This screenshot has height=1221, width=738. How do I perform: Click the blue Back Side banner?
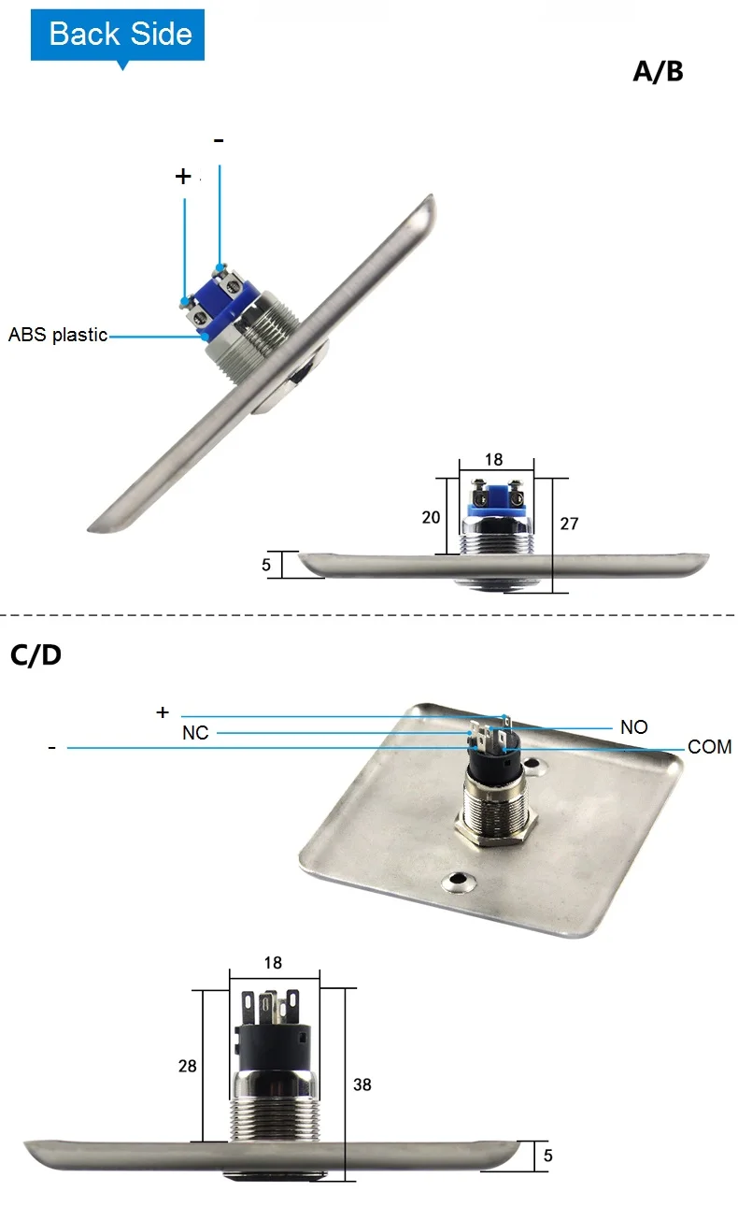pyautogui.click(x=118, y=35)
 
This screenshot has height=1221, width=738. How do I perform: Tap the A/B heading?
pyautogui.click(x=658, y=71)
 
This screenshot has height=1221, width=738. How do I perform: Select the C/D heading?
pyautogui.click(x=35, y=654)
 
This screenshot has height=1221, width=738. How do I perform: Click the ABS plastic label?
pyautogui.click(x=58, y=335)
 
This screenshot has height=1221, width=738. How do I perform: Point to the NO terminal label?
pyautogui.click(x=634, y=726)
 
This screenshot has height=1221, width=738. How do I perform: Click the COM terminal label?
pyautogui.click(x=710, y=746)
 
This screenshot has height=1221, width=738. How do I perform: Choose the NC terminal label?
pyautogui.click(x=195, y=733)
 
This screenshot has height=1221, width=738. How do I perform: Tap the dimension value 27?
pyautogui.click(x=569, y=524)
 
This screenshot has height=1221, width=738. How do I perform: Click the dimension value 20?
pyautogui.click(x=431, y=517)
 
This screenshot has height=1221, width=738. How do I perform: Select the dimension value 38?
pyautogui.click(x=362, y=1085)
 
